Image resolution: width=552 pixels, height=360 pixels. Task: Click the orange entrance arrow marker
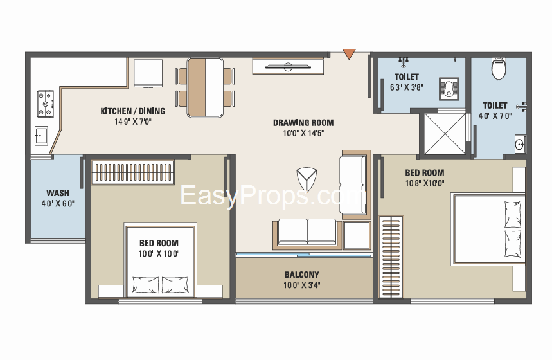(x=349, y=53)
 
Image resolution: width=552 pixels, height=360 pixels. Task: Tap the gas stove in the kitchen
(x=46, y=104)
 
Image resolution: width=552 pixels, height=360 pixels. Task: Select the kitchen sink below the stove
(x=41, y=136)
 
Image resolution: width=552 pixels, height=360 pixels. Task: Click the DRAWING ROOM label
(x=303, y=123)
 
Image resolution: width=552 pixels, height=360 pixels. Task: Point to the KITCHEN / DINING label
(x=133, y=111)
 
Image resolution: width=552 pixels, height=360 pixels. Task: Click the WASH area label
(x=58, y=193)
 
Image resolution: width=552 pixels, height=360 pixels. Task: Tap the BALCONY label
(x=301, y=274)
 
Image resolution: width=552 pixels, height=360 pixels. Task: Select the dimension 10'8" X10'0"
(x=425, y=183)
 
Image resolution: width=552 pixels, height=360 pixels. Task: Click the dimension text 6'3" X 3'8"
(x=407, y=87)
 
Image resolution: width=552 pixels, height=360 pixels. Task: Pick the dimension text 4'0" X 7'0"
(x=495, y=116)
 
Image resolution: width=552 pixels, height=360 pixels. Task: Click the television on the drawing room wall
(x=289, y=66)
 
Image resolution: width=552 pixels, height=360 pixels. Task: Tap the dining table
(x=205, y=87)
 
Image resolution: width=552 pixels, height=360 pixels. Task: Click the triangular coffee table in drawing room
(x=307, y=179)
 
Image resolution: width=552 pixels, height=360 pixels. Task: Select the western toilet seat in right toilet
(x=499, y=68)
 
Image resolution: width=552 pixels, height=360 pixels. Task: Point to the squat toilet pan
(x=449, y=89)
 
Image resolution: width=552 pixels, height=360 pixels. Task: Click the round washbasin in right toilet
(x=520, y=144)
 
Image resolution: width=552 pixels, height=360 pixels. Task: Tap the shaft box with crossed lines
(x=445, y=134)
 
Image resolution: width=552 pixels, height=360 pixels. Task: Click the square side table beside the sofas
(x=357, y=236)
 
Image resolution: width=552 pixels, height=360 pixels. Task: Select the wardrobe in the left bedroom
(x=133, y=172)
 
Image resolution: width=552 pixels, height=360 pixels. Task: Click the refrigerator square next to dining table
(x=148, y=73)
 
